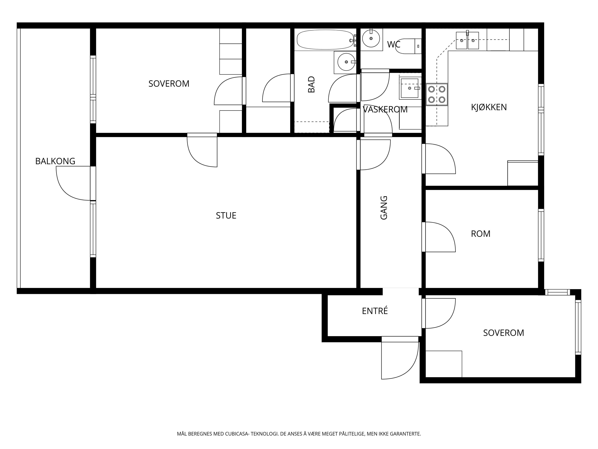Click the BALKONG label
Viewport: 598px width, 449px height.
(55, 161)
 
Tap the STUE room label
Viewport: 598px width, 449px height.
(226, 215)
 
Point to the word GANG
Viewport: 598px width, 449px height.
(384, 208)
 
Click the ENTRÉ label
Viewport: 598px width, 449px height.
(375, 311)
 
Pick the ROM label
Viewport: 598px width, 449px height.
(480, 234)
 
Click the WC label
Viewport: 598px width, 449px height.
(394, 44)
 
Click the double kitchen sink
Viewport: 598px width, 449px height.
(467, 40)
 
